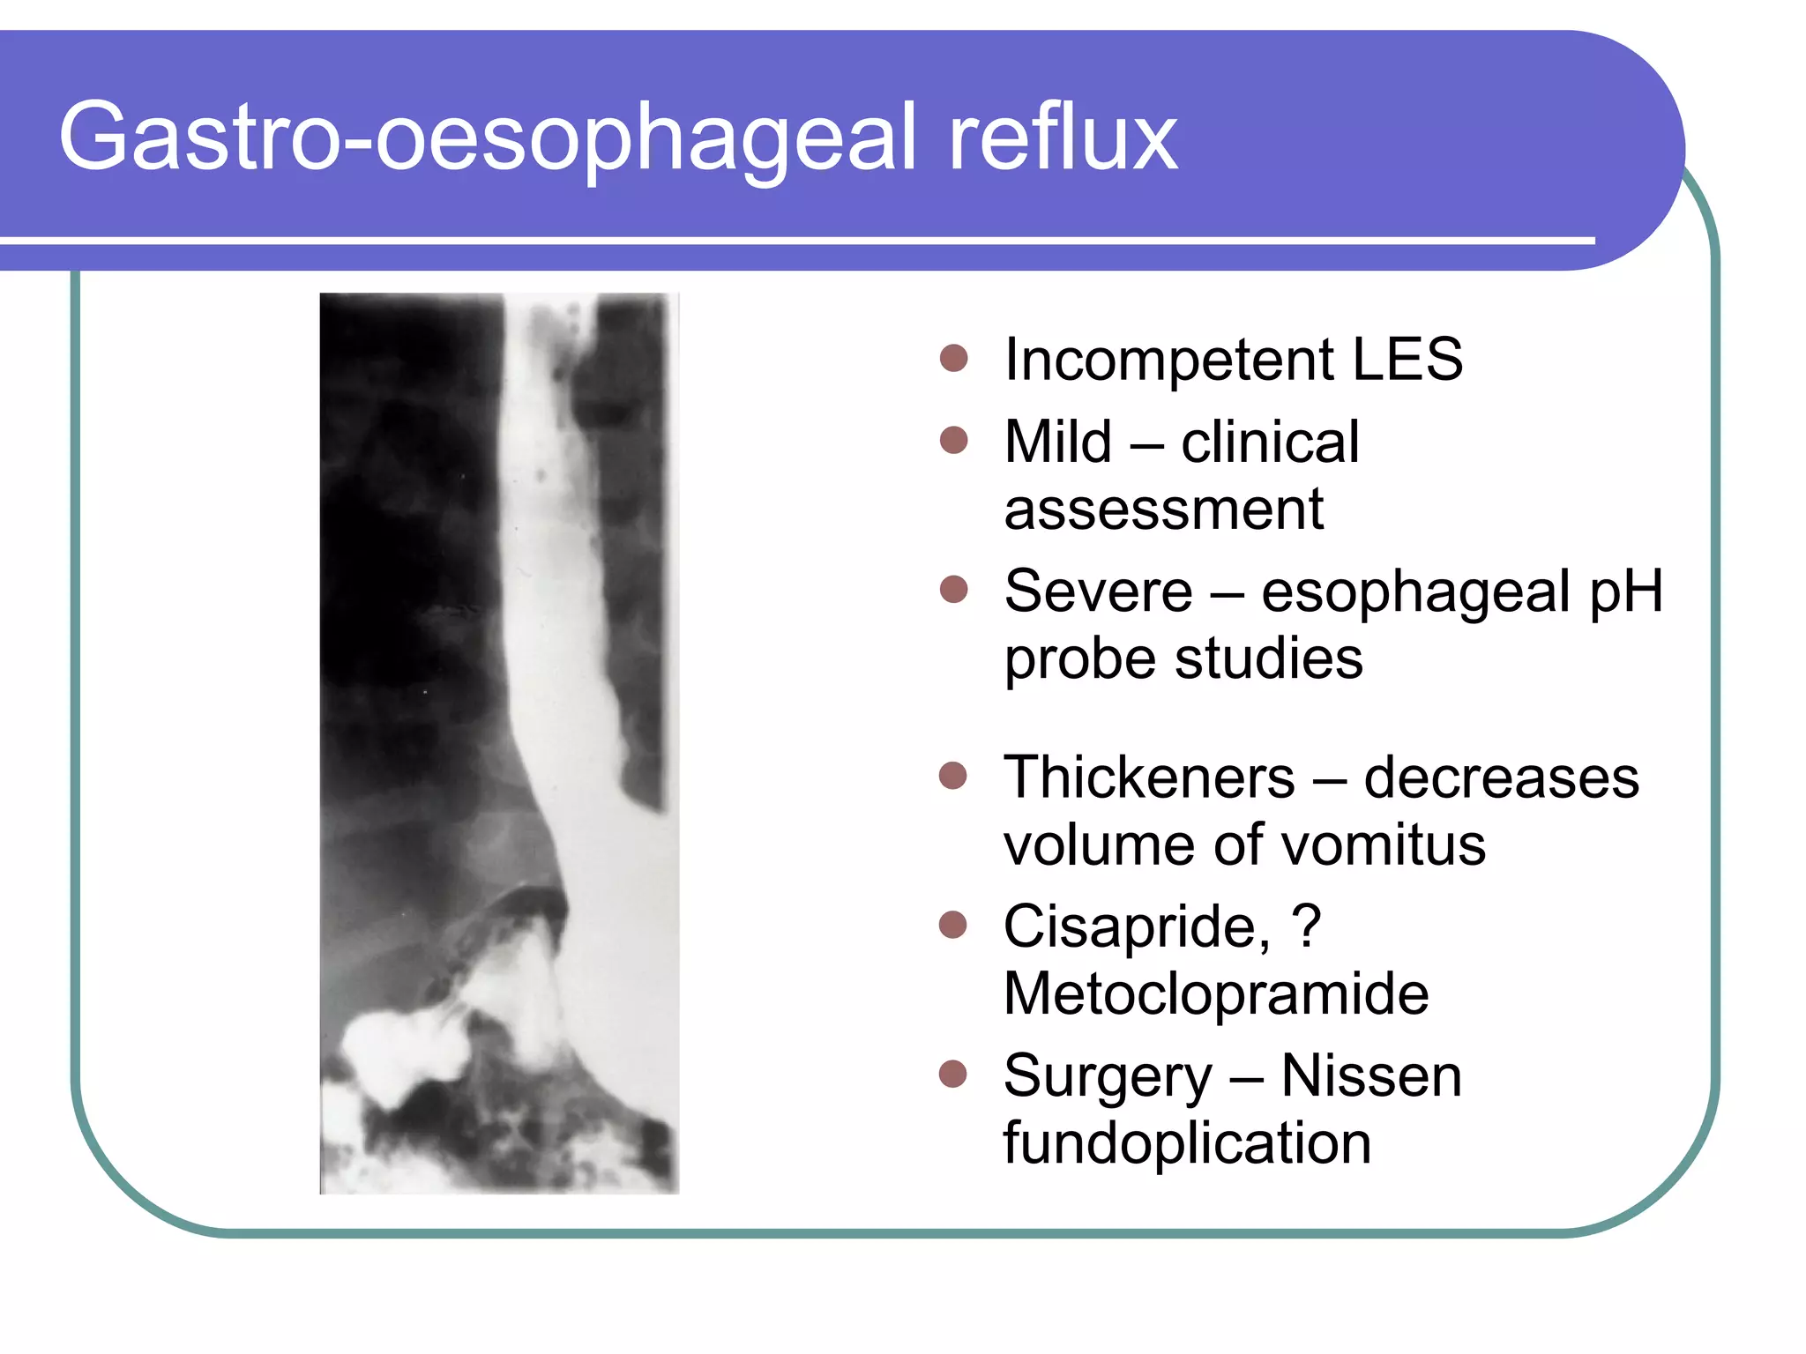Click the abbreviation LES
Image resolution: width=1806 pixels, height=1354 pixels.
pos(1407,360)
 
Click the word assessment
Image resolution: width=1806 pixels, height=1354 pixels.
pos(1163,510)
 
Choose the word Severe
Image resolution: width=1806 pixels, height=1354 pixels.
pos(1098,591)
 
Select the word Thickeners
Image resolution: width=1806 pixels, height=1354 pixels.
pos(1149,777)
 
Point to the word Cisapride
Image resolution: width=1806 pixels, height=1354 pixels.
pos(1137,927)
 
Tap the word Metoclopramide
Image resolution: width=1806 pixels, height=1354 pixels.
pos(1215,993)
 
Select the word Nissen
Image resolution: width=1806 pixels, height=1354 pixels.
pos(1371,1076)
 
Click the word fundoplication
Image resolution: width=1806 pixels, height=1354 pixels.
pos(1187,1143)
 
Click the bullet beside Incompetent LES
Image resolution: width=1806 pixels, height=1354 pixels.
pos(954,359)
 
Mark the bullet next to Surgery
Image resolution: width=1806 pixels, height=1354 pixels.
pos(953,1075)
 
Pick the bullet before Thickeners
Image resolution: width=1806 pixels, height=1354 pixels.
pos(953,776)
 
